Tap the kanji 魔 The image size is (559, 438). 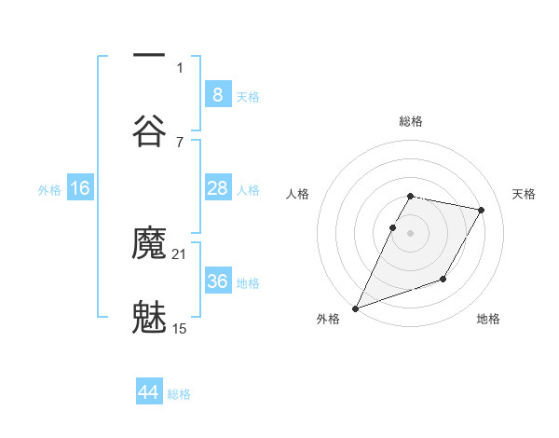pos(149,245)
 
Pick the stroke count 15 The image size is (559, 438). pos(180,327)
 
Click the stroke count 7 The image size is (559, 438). pos(180,141)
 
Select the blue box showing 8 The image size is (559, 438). pos(217,95)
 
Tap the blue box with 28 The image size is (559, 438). pos(217,188)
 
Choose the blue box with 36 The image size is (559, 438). pos(217,281)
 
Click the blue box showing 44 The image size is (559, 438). pos(149,392)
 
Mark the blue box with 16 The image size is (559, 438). pos(80,188)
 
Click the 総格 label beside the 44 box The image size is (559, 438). pos(179,394)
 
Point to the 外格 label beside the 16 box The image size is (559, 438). pos(49,190)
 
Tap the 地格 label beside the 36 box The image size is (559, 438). pos(248,283)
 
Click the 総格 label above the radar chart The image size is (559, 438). pos(410,121)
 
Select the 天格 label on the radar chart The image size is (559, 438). pos(524,194)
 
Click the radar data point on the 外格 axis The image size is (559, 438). pos(355,308)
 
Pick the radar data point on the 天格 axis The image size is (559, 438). pos(481,211)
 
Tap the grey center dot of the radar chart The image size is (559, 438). pos(410,233)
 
